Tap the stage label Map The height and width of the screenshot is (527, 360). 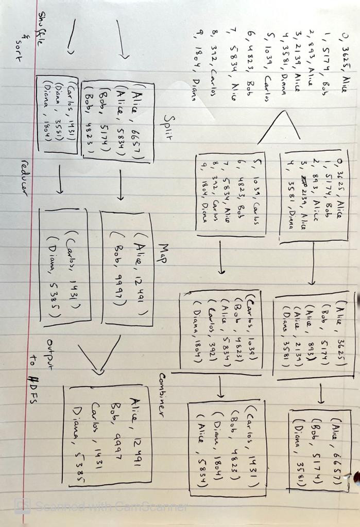click(164, 254)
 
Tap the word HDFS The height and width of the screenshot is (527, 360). click(32, 396)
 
